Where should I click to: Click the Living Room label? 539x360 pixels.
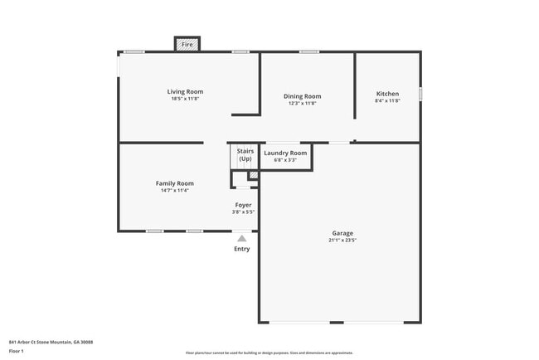point(185,91)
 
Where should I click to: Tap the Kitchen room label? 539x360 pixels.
point(387,94)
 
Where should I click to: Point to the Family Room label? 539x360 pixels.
point(174,183)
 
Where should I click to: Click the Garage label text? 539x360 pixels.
point(342,233)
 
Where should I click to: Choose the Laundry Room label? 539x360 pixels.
point(285,153)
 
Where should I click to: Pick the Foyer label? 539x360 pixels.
point(243,204)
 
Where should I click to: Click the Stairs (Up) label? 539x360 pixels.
point(245,154)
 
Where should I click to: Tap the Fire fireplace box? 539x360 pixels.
point(187,44)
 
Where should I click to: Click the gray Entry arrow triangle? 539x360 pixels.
point(242,238)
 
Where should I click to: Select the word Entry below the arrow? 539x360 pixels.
point(241,249)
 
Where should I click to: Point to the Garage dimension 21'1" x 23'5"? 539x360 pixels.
point(342,241)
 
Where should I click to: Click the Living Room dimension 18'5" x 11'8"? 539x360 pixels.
point(185,99)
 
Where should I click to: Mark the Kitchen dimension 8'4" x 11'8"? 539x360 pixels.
point(387,101)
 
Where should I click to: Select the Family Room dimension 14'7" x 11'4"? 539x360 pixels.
point(174,191)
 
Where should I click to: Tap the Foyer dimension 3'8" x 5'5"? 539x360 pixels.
point(243,212)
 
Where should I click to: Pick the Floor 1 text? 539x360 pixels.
point(17,351)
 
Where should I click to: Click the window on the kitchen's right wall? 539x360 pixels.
point(420,95)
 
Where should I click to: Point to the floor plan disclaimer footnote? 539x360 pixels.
point(269,353)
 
